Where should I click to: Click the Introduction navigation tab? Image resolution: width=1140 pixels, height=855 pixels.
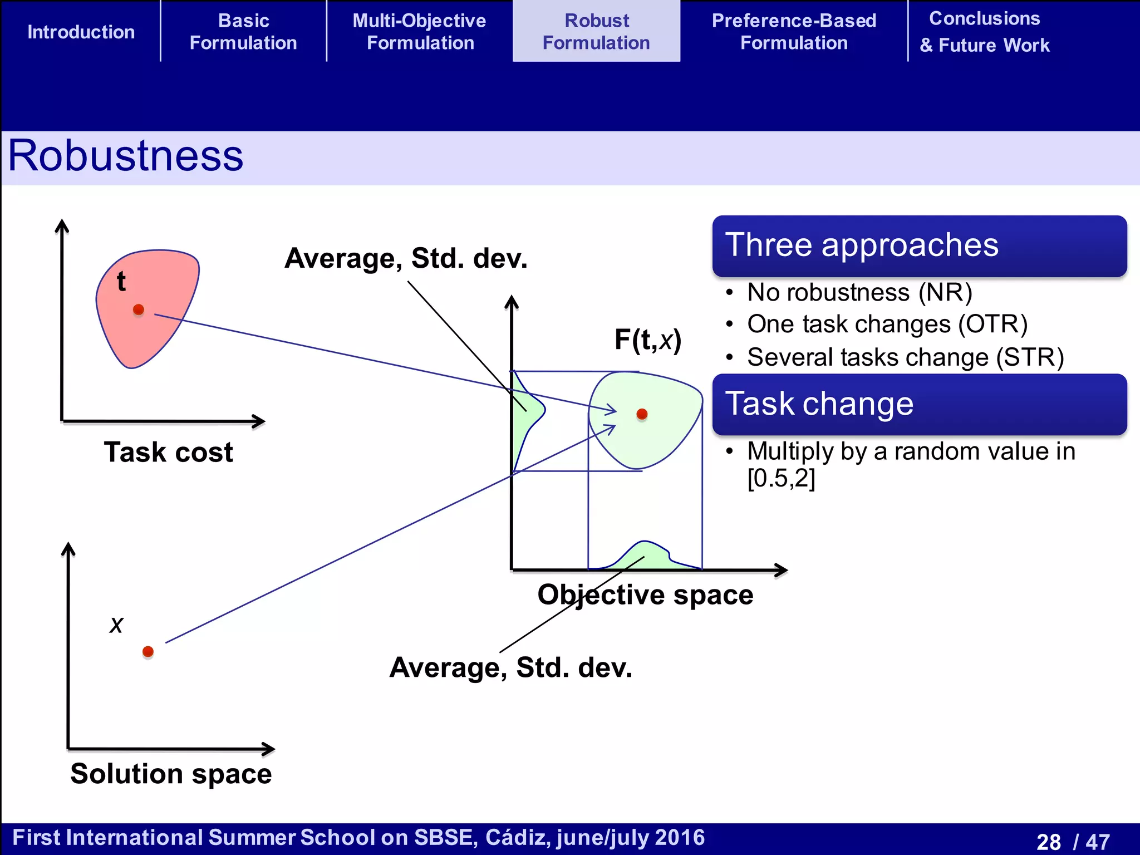81,32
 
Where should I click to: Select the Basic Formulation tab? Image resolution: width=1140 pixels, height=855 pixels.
243,32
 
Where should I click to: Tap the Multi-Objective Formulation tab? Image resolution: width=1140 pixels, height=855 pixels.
420,32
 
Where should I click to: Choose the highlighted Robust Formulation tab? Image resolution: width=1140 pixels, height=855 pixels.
596,32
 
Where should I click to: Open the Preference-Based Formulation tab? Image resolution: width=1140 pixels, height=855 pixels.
794,32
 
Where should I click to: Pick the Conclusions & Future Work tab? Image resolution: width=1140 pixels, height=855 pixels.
984,32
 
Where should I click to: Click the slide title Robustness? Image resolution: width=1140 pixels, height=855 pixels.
126,156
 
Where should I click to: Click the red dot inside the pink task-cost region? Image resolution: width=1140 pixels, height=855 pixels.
139,309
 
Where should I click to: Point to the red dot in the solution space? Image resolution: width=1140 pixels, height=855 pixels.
148,651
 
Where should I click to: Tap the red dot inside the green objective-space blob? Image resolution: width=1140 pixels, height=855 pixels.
642,414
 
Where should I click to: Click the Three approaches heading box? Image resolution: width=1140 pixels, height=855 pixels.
919,245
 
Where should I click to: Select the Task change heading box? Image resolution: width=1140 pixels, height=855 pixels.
919,404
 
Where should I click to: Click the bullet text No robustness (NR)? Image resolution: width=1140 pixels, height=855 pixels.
859,292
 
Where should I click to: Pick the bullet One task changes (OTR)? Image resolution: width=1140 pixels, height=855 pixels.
887,324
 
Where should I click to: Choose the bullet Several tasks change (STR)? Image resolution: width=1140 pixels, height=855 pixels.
905,357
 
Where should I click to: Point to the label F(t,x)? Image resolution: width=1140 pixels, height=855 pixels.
648,340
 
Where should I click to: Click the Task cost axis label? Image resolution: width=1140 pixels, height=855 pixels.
168,452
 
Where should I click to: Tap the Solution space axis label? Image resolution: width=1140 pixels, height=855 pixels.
171,774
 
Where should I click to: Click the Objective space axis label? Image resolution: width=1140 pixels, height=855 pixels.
645,594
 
